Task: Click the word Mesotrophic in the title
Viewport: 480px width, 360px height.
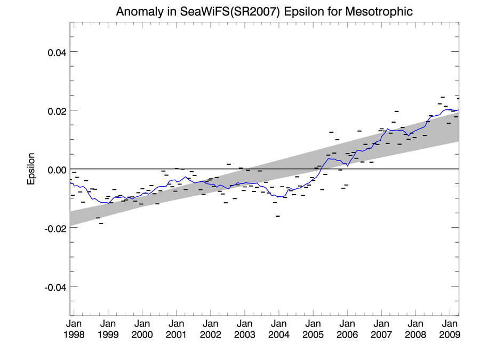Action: point(378,11)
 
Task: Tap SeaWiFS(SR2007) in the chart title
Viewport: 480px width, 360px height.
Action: point(229,11)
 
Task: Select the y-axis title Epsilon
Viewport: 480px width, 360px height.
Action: point(31,169)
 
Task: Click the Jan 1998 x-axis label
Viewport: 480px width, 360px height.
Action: point(74,329)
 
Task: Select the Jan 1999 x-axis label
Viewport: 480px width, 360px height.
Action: point(108,329)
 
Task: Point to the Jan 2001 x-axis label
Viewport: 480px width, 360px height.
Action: point(177,329)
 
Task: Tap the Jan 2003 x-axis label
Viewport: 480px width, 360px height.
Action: point(245,329)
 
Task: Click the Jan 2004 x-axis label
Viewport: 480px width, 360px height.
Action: point(279,329)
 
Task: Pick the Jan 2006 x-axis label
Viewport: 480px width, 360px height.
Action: point(347,329)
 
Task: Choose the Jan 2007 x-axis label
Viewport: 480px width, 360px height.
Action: point(381,329)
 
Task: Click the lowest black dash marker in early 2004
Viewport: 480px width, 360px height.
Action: point(278,216)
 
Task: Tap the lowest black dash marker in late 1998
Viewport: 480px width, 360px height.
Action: point(101,223)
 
